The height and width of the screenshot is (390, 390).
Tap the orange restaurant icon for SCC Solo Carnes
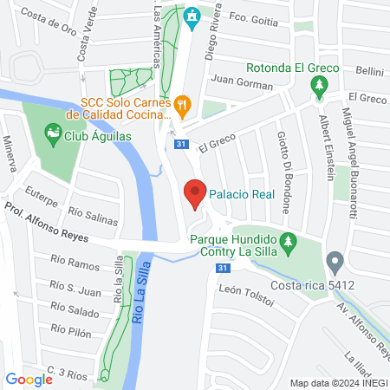pyautogui.click(x=182, y=107)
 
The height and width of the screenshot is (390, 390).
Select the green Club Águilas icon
pyautogui.click(x=53, y=133)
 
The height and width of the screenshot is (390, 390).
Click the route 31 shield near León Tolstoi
pyautogui.click(x=224, y=268)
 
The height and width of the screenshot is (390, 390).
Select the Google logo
pyautogui.click(x=29, y=379)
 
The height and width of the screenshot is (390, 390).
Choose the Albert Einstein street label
pyautogui.click(x=326, y=148)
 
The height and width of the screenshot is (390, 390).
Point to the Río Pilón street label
pyautogui.click(x=71, y=329)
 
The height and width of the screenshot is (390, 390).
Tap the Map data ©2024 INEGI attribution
pyautogui.click(x=338, y=383)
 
